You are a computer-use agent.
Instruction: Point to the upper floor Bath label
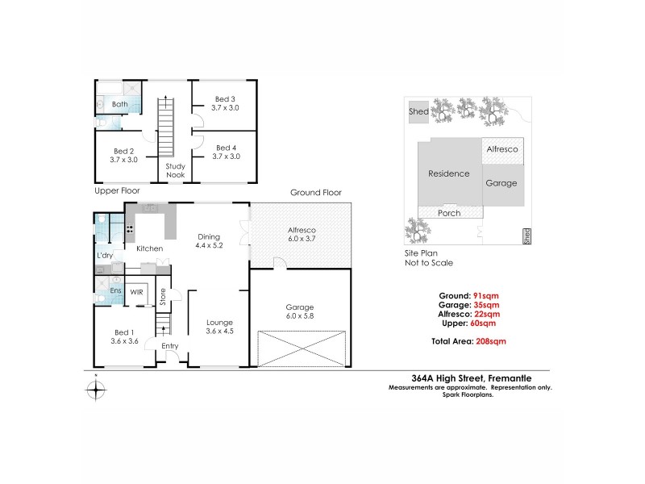tap(119, 105)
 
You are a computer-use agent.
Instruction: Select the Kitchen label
tap(150, 248)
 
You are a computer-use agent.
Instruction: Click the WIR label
tap(137, 292)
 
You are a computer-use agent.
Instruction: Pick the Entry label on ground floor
tap(169, 347)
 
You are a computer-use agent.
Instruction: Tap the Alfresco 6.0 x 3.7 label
tap(301, 235)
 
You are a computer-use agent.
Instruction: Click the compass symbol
tap(96, 390)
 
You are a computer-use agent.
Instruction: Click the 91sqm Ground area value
tap(486, 294)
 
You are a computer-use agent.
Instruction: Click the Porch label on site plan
tap(448, 213)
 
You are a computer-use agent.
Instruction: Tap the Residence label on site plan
tap(448, 173)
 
